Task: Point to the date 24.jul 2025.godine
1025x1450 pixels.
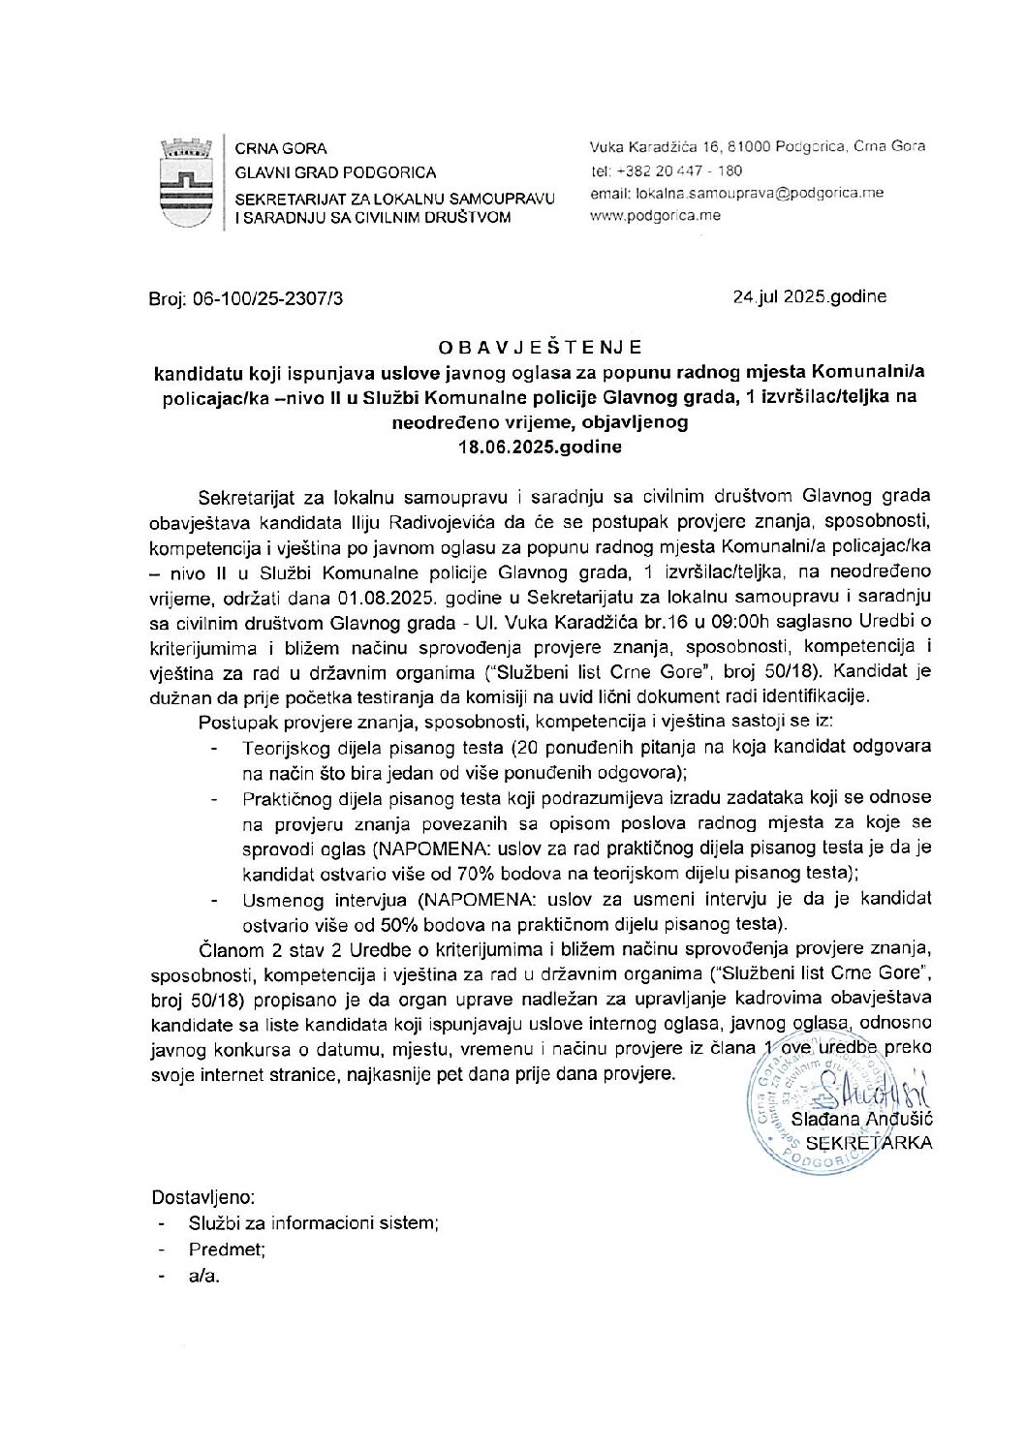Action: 809,297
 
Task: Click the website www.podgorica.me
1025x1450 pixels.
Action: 655,215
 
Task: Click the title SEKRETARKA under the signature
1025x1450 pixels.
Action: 869,1143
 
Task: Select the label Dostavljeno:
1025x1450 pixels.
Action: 203,1197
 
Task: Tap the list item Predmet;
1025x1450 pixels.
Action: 227,1249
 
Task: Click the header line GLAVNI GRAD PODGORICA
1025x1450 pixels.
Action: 336,172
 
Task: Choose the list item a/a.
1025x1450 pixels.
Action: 204,1276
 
